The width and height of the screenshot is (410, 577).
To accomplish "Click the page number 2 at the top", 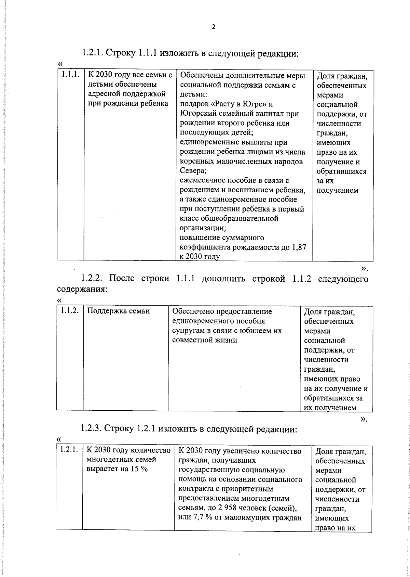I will [x=214, y=27].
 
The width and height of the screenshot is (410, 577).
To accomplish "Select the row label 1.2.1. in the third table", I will [x=69, y=450].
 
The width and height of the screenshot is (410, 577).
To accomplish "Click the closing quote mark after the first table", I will [x=365, y=267].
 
